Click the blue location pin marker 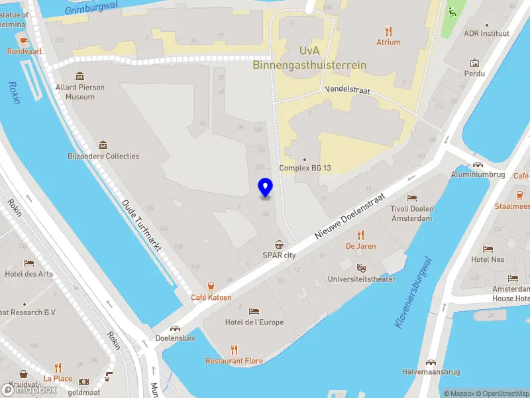pyautogui.click(x=265, y=188)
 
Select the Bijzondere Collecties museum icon pyautogui.click(x=103, y=145)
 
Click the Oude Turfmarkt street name pyautogui.click(x=142, y=226)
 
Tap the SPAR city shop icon pyautogui.click(x=279, y=243)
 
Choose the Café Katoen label pyautogui.click(x=211, y=297)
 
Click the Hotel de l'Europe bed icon pyautogui.click(x=254, y=311)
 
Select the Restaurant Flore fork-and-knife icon pyautogui.click(x=234, y=350)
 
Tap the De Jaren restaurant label pyautogui.click(x=360, y=246)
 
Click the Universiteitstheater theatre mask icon pyautogui.click(x=361, y=267)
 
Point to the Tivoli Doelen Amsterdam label pyautogui.click(x=412, y=214)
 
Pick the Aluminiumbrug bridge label pyautogui.click(x=478, y=174)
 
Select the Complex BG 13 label pyautogui.click(x=305, y=168)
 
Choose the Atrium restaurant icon pyautogui.click(x=388, y=31)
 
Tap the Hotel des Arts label pyautogui.click(x=28, y=274)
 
